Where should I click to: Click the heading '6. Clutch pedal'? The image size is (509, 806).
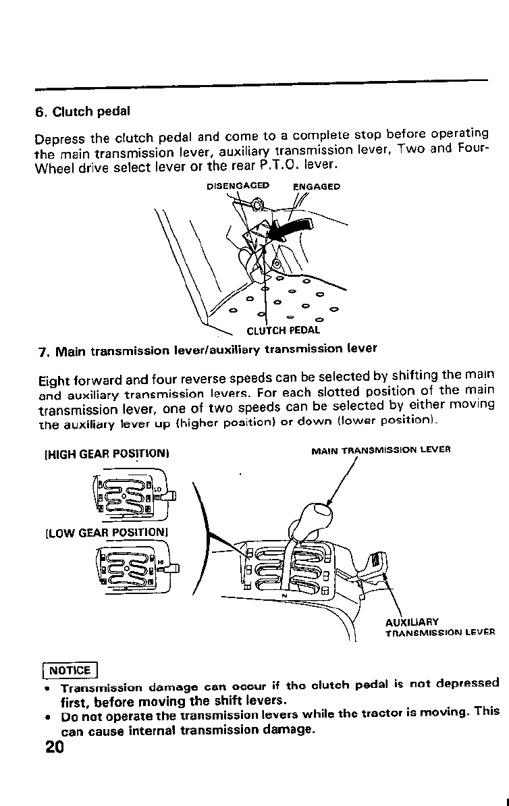82,112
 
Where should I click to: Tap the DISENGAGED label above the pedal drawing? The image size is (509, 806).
237,186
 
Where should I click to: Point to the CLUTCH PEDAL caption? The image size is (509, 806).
283,331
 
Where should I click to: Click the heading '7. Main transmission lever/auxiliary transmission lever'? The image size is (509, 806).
207,350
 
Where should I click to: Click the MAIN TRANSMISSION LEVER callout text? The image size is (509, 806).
380,449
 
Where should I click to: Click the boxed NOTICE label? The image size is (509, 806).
70,670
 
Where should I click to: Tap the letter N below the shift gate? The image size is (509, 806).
284,595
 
